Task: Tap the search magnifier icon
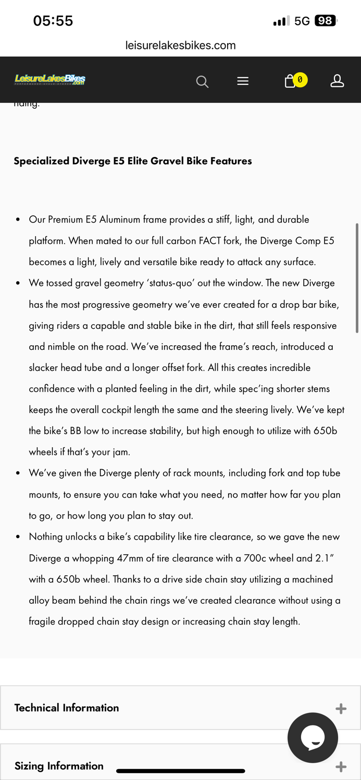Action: tap(202, 82)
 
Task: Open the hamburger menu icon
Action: tap(243, 81)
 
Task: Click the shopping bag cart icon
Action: tap(290, 82)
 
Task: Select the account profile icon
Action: tap(337, 81)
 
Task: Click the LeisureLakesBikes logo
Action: tap(50, 80)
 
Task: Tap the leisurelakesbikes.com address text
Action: tap(180, 45)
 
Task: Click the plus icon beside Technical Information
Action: tap(341, 709)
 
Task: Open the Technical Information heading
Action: tap(67, 708)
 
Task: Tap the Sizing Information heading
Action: tap(59, 766)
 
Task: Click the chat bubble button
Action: tap(313, 737)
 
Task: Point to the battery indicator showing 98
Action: tap(326, 21)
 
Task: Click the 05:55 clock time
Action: tap(53, 21)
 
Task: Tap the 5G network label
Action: tap(302, 21)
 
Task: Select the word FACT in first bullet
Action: tap(210, 241)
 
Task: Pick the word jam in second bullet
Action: tap(120, 452)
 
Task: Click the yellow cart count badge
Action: tap(300, 80)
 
